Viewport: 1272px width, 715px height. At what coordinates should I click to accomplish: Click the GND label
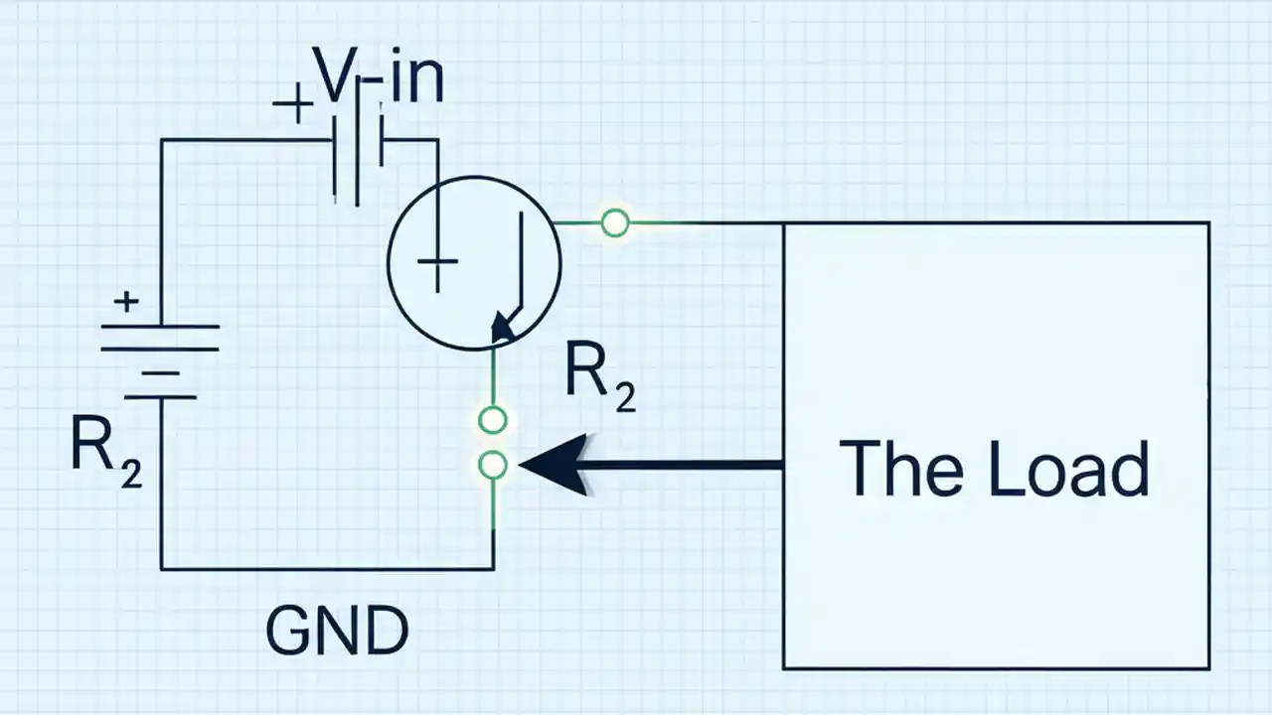[x=337, y=631]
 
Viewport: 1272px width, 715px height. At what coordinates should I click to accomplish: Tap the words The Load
[x=994, y=468]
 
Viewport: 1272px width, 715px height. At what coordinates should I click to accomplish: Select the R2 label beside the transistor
[x=599, y=378]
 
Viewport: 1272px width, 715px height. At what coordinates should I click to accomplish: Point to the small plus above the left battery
[x=125, y=301]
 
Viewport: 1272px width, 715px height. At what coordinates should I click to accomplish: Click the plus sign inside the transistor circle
[x=437, y=263]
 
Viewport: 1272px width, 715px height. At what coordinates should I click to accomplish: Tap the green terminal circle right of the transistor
[x=615, y=223]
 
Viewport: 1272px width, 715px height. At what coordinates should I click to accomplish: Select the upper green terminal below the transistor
[x=493, y=420]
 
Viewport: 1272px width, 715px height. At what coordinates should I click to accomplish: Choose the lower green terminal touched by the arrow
[x=493, y=464]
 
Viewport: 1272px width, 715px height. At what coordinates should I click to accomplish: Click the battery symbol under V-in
[x=358, y=159]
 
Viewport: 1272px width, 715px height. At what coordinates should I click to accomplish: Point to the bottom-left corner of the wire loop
[x=162, y=568]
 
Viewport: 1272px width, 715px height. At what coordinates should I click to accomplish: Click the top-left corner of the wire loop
[x=162, y=141]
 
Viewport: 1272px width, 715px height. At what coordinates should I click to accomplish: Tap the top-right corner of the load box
[x=1207, y=223]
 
